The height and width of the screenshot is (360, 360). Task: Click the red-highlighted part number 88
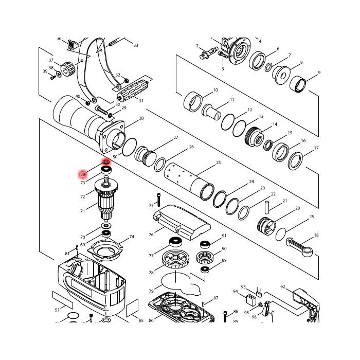tap(82, 175)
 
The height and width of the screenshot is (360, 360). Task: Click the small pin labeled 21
tap(267, 206)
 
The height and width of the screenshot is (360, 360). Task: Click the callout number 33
tap(136, 46)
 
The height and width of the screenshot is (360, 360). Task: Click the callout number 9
tap(319, 73)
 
